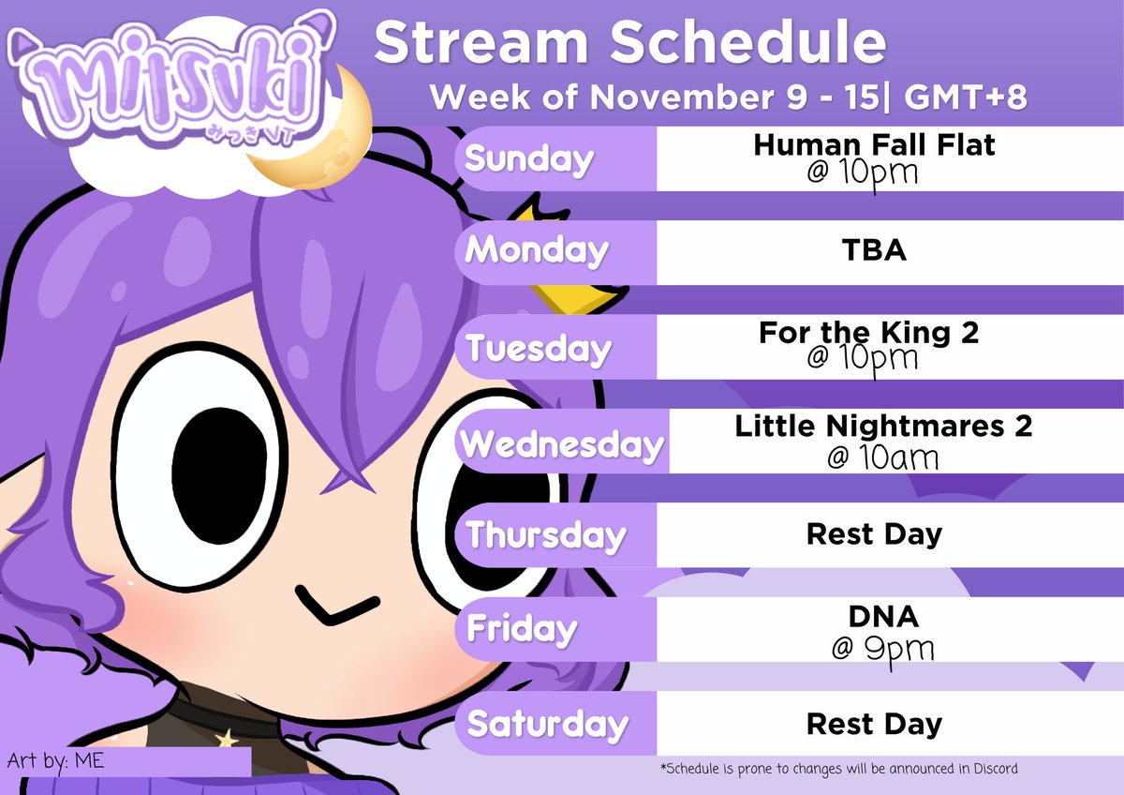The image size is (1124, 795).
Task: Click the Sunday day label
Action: tap(529, 159)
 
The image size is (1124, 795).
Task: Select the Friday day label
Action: tap(522, 628)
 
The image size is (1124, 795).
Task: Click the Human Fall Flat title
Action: tap(873, 145)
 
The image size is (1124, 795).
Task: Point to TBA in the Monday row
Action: tap(873, 251)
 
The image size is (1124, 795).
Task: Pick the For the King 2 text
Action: tap(868, 333)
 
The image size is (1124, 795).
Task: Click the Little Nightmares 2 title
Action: tap(882, 427)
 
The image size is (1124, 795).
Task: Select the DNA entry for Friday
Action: tap(873, 617)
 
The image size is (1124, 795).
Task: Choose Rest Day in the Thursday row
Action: tap(873, 535)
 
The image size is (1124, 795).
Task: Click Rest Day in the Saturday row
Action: tap(873, 724)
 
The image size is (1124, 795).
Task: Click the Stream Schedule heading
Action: tap(629, 42)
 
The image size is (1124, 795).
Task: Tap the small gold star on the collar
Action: tap(225, 740)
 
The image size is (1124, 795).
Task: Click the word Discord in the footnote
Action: tap(994, 769)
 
